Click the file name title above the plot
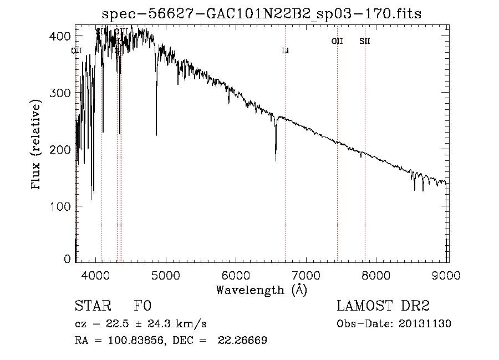(x=262, y=14)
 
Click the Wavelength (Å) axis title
(x=261, y=290)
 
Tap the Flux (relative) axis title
(x=37, y=145)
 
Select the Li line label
(x=286, y=51)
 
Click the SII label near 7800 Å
(x=364, y=41)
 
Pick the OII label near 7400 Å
(x=337, y=41)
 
